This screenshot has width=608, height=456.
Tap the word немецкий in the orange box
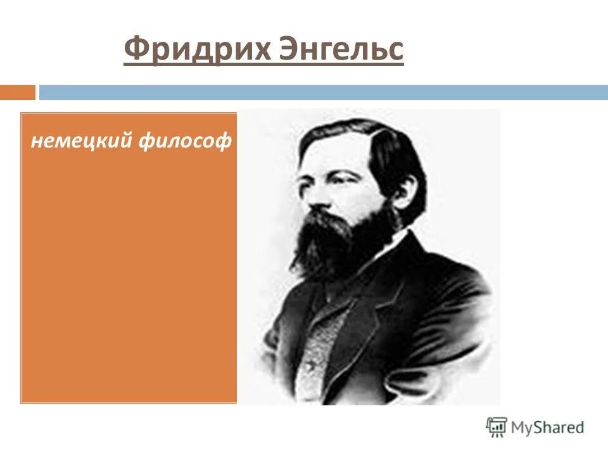point(80,141)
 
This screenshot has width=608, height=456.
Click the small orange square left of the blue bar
point(17,92)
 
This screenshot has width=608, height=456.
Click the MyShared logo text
point(548,427)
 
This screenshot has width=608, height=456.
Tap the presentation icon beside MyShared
point(497,427)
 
